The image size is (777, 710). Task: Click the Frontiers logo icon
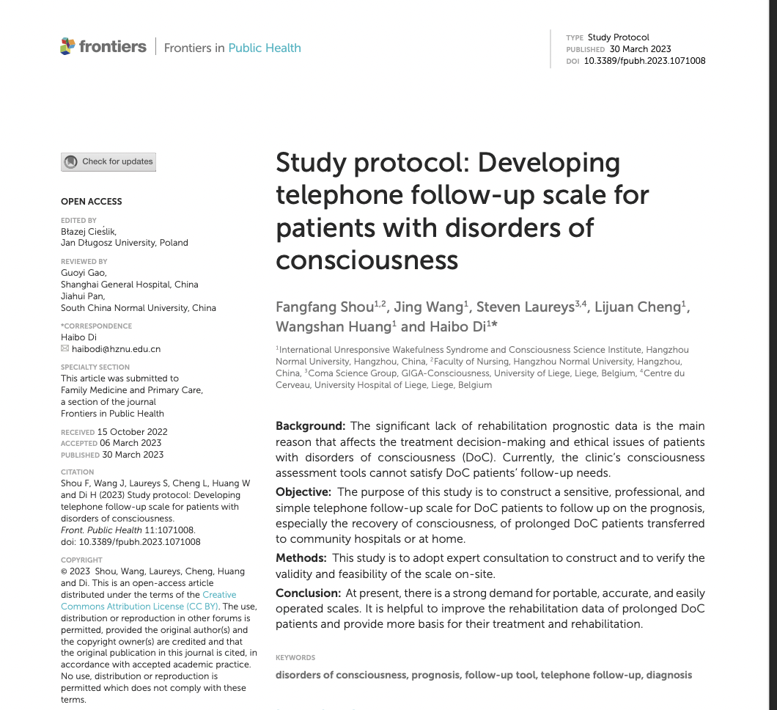tap(67, 46)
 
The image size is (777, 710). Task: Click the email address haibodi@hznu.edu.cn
tap(116, 349)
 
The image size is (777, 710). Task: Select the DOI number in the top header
tap(644, 61)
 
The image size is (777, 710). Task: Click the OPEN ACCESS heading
tap(92, 202)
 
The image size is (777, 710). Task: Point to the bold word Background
tap(310, 426)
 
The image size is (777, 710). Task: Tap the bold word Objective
tap(303, 491)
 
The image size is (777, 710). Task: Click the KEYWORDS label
tap(295, 658)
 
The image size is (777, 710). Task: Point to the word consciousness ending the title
tap(367, 260)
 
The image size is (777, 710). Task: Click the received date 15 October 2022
tap(132, 432)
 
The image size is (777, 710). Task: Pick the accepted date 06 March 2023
tap(131, 443)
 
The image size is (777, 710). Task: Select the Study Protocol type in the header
tap(618, 37)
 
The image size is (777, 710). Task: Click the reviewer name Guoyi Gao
tap(83, 273)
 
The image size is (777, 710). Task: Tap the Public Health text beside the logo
tap(265, 48)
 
